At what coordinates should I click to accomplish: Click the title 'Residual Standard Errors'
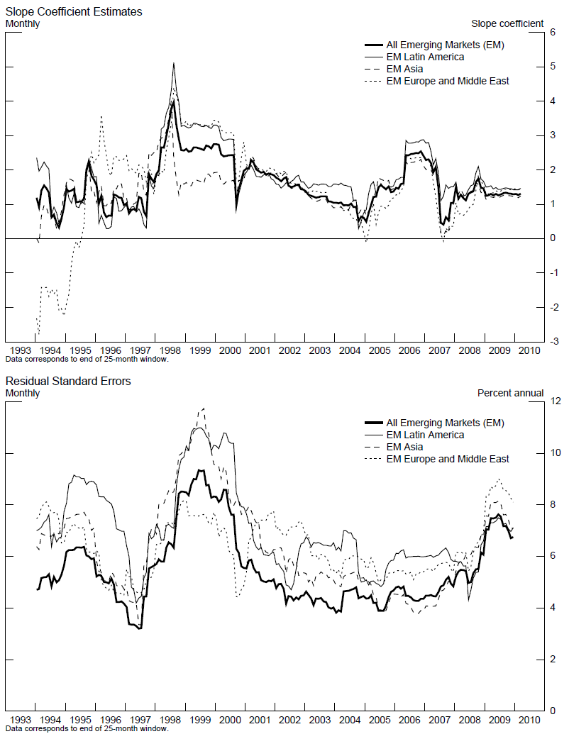pos(68,382)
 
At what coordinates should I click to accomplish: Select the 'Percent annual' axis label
pos(510,393)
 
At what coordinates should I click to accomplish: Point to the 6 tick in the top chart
pos(553,33)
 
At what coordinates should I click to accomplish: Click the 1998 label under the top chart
pos(170,351)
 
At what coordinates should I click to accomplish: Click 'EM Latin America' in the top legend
pos(425,57)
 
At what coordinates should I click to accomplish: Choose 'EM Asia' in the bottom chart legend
pos(404,447)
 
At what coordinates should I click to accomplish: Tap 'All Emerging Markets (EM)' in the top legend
pos(445,45)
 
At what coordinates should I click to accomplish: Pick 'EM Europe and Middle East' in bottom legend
pos(447,459)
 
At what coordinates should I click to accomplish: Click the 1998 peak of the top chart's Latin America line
pos(174,63)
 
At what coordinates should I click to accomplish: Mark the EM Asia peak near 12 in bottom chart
pos(204,408)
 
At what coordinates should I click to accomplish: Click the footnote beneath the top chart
pos(87,360)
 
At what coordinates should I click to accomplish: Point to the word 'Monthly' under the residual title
pos(23,393)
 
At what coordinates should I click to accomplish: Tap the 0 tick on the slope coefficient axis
pos(553,239)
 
